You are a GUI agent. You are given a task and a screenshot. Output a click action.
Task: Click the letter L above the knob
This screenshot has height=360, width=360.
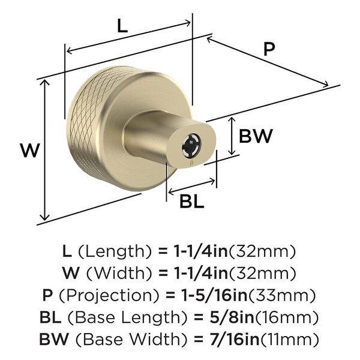(122, 25)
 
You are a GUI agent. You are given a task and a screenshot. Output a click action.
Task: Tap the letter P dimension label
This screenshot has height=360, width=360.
(269, 49)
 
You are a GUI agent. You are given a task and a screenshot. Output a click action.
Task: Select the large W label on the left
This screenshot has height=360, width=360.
(30, 150)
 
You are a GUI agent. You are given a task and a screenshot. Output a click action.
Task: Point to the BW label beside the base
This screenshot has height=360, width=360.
(256, 136)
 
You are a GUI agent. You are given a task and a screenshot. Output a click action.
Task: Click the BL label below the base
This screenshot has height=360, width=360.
(192, 201)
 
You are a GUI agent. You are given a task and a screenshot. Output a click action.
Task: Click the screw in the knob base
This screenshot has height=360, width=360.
(191, 145)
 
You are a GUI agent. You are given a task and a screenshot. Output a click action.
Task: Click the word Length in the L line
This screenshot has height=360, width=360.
(115, 251)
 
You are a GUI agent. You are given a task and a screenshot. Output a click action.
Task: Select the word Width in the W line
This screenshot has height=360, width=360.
(119, 273)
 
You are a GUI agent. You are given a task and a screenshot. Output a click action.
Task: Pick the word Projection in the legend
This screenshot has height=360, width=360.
(109, 295)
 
